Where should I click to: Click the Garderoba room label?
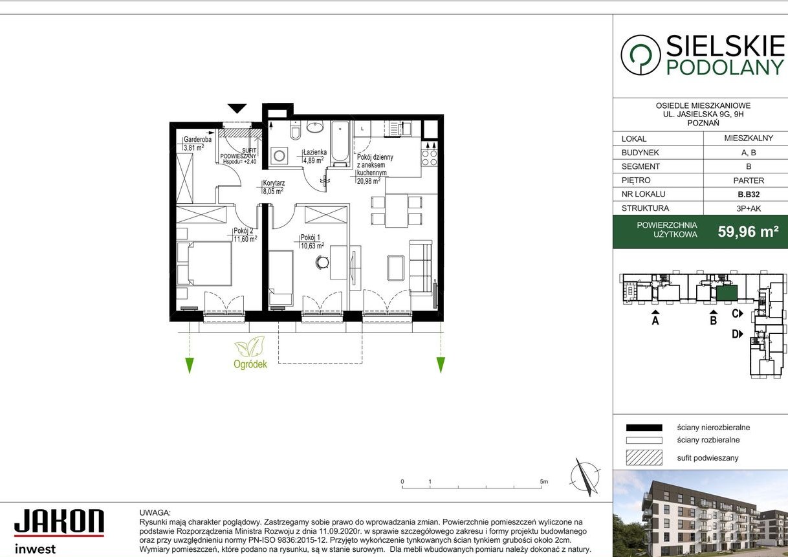[x=197, y=139]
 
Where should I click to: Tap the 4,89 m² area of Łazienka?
[x=313, y=160]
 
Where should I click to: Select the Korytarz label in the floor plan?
[x=274, y=183]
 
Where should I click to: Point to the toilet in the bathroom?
[x=295, y=130]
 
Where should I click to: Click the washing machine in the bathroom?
[x=279, y=155]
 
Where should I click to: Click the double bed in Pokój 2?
[x=204, y=263]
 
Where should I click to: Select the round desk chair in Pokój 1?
[x=322, y=262]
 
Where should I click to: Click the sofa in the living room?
[x=421, y=268]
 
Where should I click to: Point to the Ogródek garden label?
[x=250, y=364]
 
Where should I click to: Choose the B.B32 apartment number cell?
[x=749, y=194]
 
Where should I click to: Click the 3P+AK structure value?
[x=749, y=208]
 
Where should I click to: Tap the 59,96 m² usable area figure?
[x=748, y=232]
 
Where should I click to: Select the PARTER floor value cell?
[x=749, y=180]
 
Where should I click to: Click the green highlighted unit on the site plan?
[x=727, y=293]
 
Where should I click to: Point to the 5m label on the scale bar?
[x=544, y=482]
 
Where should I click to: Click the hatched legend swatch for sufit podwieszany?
[x=644, y=458]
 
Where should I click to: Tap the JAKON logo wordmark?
[x=59, y=521]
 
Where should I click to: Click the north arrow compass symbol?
[x=585, y=477]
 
